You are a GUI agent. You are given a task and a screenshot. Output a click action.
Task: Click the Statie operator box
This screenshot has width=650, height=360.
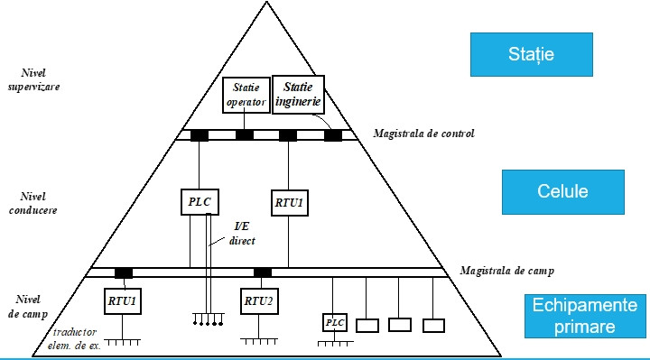pos(246,95)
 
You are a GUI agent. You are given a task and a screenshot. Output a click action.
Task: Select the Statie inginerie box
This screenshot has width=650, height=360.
pos(298,95)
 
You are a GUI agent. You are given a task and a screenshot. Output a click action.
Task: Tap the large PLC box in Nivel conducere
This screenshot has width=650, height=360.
pos(200,202)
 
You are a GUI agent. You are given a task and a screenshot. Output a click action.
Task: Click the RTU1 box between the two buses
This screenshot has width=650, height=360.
pos(290,203)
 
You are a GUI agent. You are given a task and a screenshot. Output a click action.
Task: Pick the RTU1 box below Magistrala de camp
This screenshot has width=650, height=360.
pos(122,301)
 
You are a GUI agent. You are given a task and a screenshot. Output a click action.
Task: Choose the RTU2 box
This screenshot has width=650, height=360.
pos(259,301)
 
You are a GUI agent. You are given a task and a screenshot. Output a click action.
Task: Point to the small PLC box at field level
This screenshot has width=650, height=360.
pos(335,322)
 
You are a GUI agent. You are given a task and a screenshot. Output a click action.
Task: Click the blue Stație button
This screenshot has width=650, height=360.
pos(532,54)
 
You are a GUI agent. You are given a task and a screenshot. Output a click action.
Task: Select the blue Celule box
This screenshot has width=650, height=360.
pos(563,192)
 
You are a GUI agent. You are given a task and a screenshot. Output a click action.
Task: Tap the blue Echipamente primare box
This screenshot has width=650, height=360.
pos(585,316)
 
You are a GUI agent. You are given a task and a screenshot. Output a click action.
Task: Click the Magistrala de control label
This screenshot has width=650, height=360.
pos(423,134)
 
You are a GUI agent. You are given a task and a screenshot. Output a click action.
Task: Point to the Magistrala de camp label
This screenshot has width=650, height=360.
pos(506,271)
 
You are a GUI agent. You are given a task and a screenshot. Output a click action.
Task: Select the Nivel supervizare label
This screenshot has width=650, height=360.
pos(33,79)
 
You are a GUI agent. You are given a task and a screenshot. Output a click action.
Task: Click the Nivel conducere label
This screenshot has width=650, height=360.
pos(32,203)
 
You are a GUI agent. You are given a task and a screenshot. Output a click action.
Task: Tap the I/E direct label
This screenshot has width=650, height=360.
pos(242,234)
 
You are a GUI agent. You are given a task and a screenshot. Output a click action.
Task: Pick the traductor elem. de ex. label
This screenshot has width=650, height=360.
pos(74,338)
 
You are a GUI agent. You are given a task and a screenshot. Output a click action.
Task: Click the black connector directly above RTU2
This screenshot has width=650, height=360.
pos(263,272)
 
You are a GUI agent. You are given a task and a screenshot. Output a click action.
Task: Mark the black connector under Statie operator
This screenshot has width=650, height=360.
pos(244,135)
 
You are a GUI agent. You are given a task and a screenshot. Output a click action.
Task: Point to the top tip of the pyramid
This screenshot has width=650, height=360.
pos(266,2)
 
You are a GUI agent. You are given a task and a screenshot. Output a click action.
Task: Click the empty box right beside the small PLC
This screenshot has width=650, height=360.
pos(367,326)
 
